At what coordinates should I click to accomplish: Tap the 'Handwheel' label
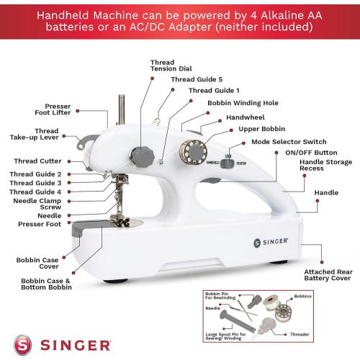click(246, 116)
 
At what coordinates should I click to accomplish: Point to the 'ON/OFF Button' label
click(311, 153)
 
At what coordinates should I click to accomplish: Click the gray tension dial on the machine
click(139, 155)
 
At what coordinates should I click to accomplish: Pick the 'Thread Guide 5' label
click(197, 79)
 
